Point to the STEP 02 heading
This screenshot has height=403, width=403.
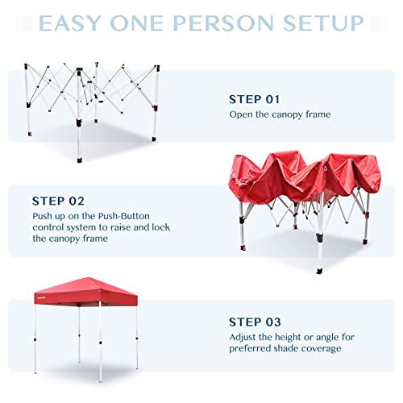coord(59,200)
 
